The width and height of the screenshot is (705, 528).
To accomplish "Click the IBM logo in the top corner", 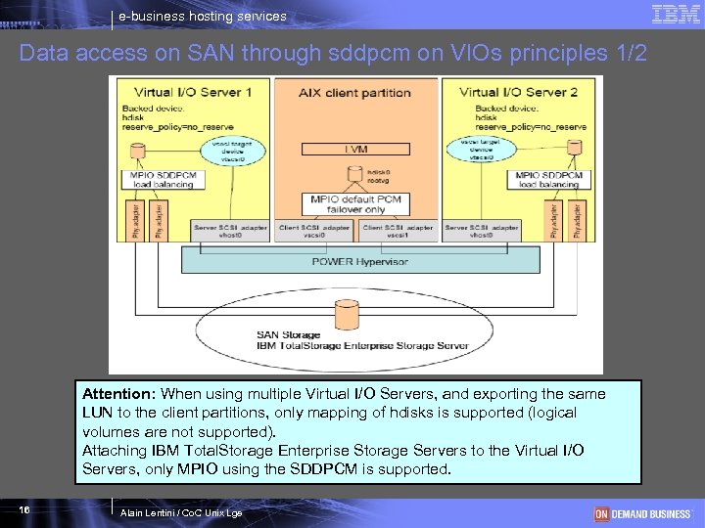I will point(676,15).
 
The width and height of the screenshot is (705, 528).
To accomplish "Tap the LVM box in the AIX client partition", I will point(354,149).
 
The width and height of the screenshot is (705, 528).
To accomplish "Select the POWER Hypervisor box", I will point(359,261).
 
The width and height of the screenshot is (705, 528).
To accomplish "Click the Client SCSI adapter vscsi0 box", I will point(314,232).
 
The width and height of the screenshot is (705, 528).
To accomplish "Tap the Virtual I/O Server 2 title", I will point(518,92).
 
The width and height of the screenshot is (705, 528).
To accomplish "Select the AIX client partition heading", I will point(354,92).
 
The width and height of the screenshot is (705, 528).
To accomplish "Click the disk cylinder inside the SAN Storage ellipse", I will point(347,315).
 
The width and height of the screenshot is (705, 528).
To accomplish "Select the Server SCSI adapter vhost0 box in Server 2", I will point(481,232).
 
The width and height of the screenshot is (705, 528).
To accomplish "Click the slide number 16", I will point(23,510).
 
